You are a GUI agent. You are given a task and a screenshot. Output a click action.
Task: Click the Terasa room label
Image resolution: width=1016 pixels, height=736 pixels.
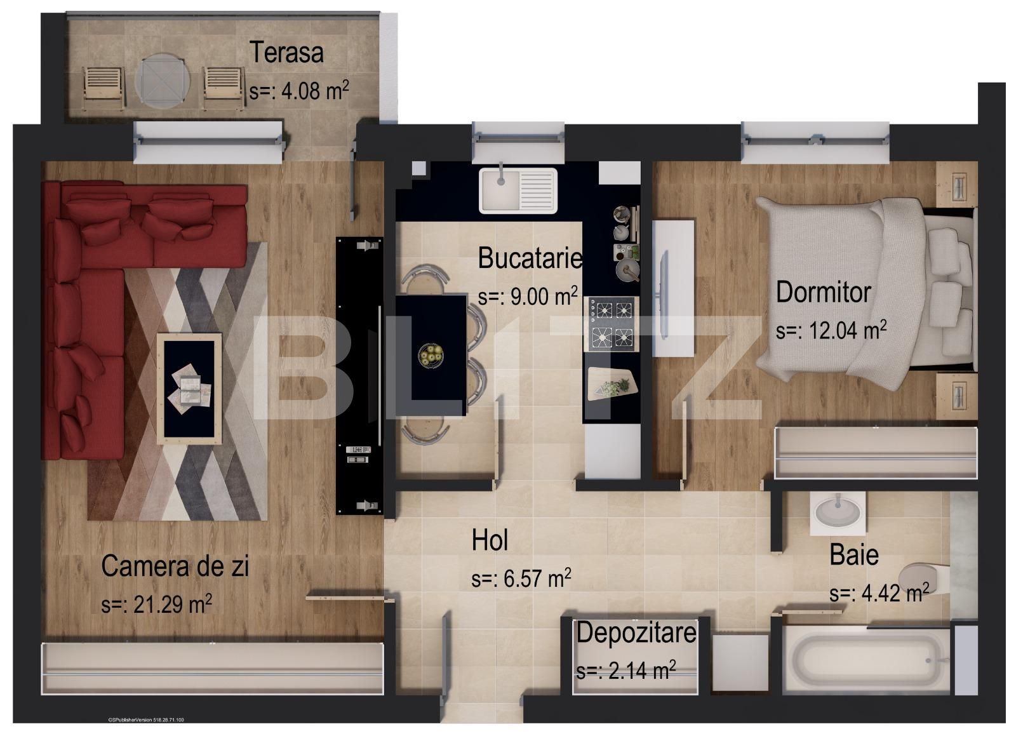point(286,52)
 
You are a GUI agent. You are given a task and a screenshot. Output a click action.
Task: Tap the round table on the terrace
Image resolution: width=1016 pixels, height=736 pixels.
point(163,81)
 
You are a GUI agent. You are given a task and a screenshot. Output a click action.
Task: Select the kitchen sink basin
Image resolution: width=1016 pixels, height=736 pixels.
point(500,189)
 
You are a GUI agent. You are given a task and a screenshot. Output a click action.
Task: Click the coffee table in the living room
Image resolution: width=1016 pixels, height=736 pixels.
point(189,387)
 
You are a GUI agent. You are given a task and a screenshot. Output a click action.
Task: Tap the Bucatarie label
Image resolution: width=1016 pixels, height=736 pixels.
point(530,258)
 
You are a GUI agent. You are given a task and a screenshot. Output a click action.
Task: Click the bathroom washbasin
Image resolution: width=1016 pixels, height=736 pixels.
point(838,512)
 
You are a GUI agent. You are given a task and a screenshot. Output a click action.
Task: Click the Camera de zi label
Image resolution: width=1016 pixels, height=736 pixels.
point(175,566)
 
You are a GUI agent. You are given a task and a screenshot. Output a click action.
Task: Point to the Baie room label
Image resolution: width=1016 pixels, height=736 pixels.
point(854,555)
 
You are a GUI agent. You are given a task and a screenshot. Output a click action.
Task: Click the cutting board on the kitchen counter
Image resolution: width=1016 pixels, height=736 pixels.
point(611,383)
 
